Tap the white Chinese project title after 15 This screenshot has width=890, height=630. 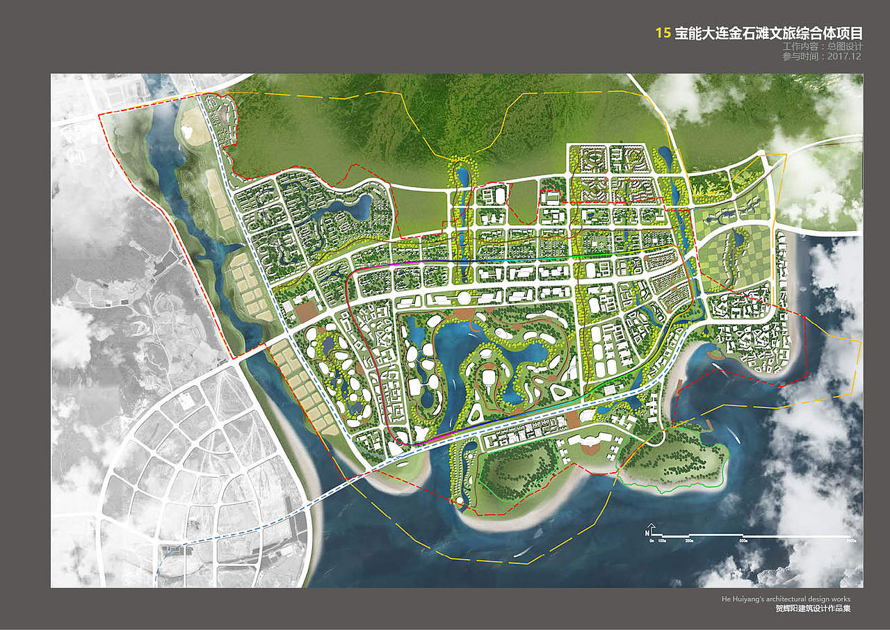pyautogui.click(x=768, y=33)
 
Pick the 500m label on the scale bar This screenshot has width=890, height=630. pyautogui.click(x=743, y=540)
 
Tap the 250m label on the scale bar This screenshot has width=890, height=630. pyautogui.click(x=690, y=540)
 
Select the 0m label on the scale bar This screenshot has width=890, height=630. pyautogui.click(x=652, y=540)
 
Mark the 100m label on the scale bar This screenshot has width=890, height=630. pyautogui.click(x=663, y=540)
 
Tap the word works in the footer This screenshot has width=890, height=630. pyautogui.click(x=840, y=599)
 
